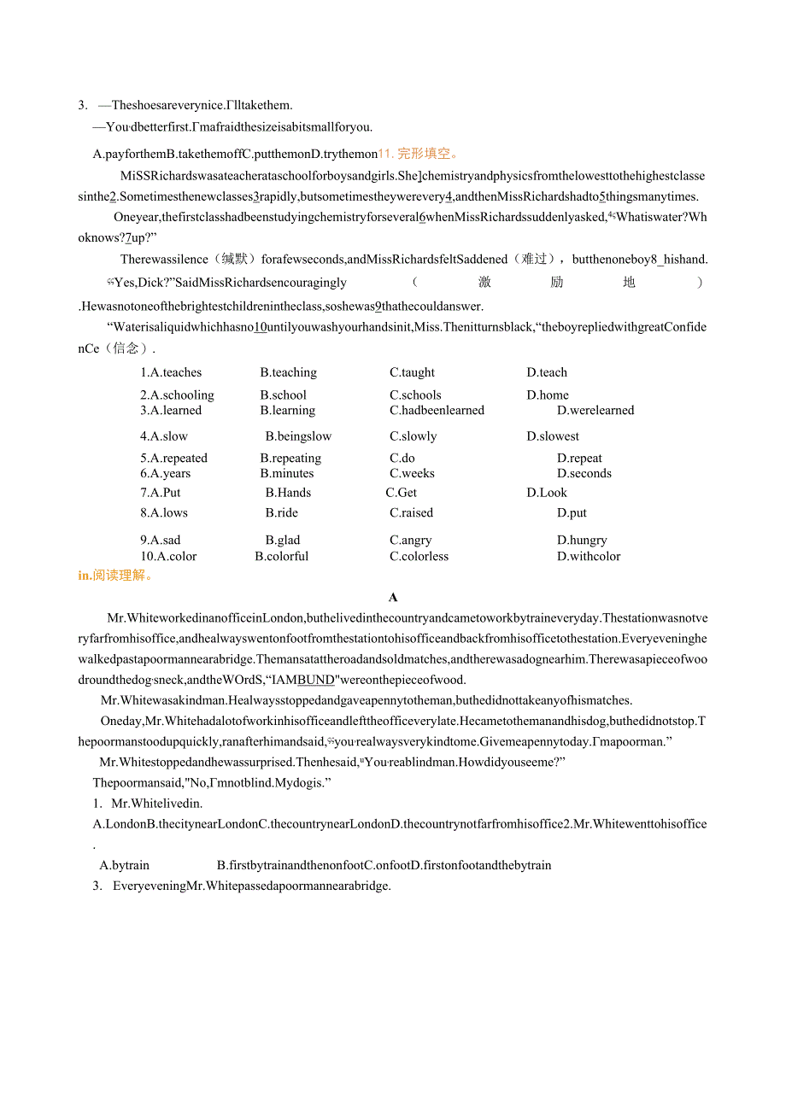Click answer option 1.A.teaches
point(171,372)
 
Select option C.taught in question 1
point(412,372)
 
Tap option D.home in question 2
point(547,395)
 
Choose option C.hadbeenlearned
point(437,411)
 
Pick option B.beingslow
point(298,436)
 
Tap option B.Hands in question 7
point(288,493)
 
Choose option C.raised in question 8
point(411,513)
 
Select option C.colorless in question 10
point(419,557)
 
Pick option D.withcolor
point(589,557)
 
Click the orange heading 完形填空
point(427,154)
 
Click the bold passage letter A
point(393,598)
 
